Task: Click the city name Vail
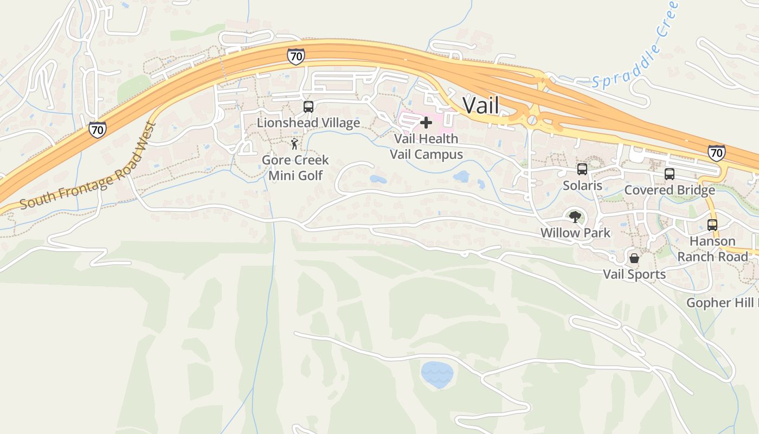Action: (x=480, y=105)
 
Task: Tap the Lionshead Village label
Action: (x=308, y=123)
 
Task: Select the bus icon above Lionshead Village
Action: (x=308, y=106)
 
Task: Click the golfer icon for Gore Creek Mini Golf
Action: (x=294, y=144)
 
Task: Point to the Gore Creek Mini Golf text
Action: (x=295, y=168)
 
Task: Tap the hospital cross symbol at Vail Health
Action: (x=426, y=123)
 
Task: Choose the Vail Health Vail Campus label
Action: (x=426, y=146)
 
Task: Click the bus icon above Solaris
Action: (x=582, y=169)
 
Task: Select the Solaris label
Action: (x=582, y=186)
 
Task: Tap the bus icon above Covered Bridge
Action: (x=670, y=174)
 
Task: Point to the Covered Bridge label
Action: (x=670, y=190)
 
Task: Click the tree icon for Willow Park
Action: (x=575, y=217)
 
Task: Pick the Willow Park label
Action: (x=575, y=233)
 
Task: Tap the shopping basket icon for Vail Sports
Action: (x=634, y=258)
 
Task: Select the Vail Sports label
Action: (x=634, y=275)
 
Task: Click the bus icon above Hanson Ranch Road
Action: (x=712, y=225)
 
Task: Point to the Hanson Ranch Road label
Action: (x=712, y=248)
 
